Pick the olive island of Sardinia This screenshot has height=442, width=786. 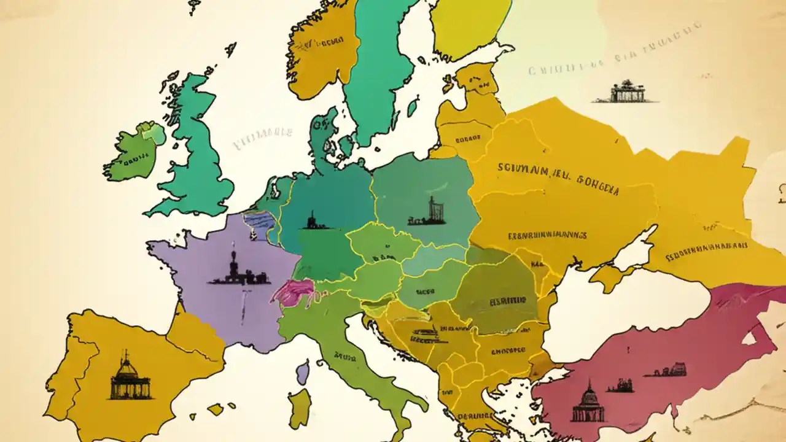pyautogui.click(x=300, y=408)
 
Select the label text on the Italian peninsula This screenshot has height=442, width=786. pyautogui.click(x=347, y=355)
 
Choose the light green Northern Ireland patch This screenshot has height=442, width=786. pyautogui.click(x=151, y=133)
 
